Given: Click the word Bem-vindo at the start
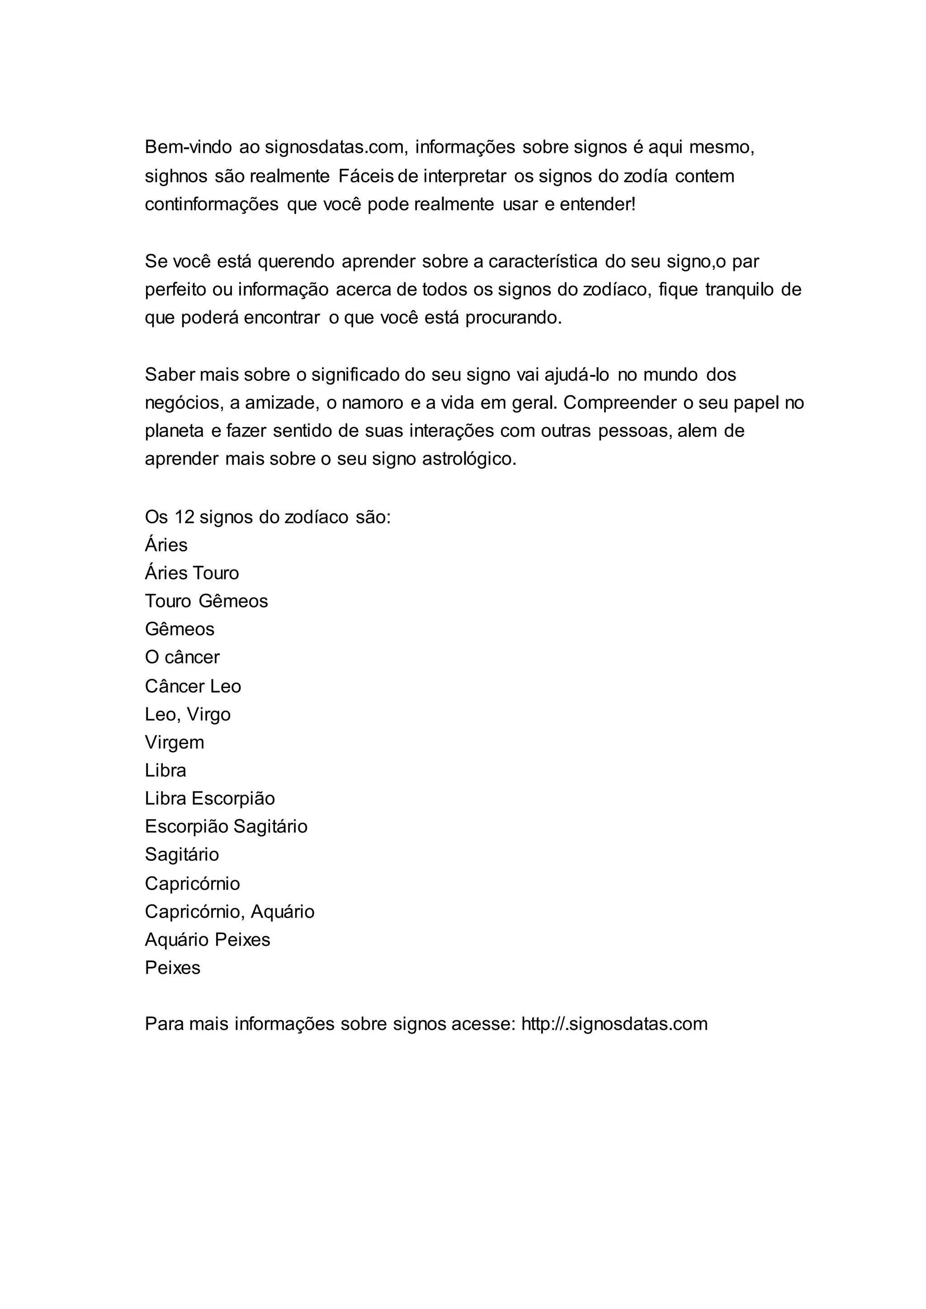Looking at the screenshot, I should coord(188,147).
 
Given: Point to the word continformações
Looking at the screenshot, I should coord(212,204).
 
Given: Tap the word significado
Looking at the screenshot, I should coord(354,375).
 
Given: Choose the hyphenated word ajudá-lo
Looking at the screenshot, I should coord(576,375).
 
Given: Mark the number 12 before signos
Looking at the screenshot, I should coord(185,517).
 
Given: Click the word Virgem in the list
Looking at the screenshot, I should coord(175,743).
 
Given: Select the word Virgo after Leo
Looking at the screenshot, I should coord(209,715).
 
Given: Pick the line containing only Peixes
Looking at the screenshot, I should coord(173,968).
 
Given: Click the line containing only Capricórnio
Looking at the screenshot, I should coord(192,883).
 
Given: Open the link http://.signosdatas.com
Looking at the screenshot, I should coord(614,1024).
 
